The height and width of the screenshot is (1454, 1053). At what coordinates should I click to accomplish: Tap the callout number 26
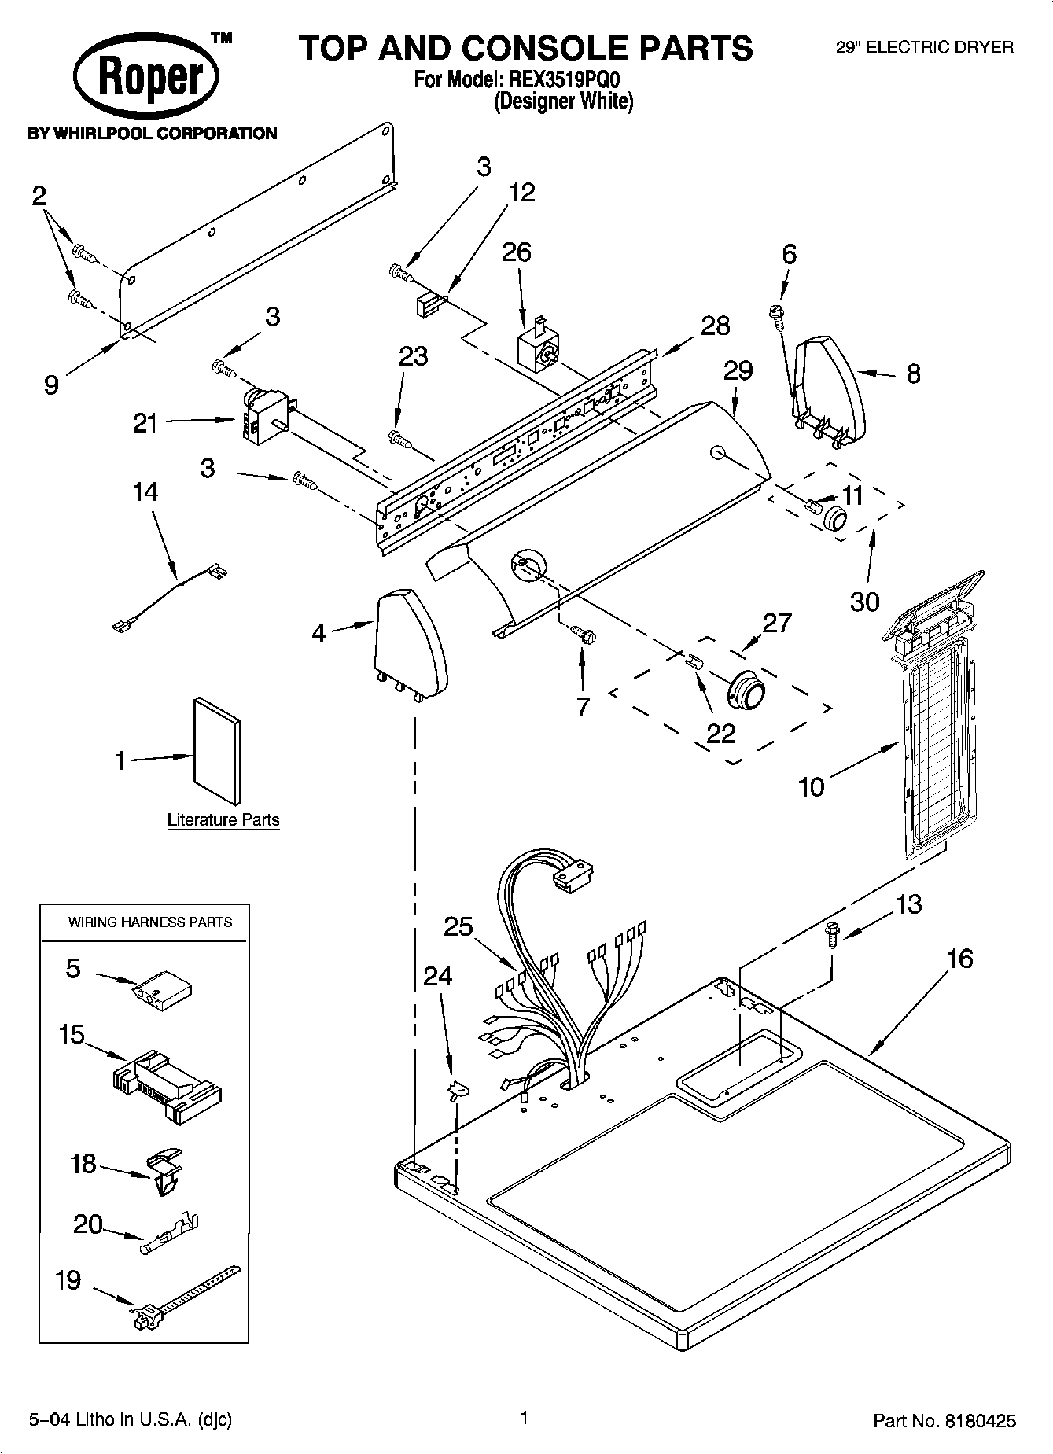(517, 252)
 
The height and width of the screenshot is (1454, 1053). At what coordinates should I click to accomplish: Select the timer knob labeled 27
(744, 689)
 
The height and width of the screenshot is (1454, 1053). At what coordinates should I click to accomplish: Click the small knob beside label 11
(834, 518)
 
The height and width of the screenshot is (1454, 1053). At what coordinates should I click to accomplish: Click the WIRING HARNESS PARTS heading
(150, 922)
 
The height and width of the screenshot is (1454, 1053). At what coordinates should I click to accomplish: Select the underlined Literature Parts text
(223, 820)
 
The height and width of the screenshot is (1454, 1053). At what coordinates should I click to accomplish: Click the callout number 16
(959, 959)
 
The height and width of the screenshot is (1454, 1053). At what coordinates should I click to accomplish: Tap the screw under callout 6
(775, 314)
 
